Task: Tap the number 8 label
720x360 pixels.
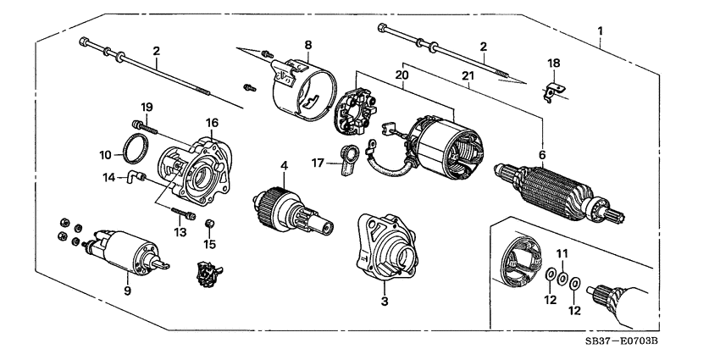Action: [x=308, y=44]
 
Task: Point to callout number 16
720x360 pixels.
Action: [x=212, y=123]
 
